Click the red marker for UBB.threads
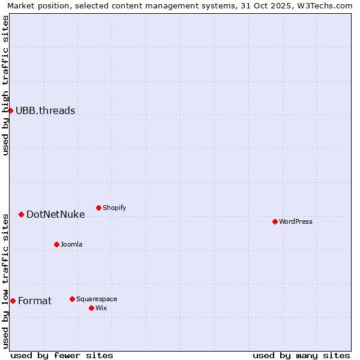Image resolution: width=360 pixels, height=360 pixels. point(10,110)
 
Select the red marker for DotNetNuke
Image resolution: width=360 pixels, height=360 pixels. point(21,214)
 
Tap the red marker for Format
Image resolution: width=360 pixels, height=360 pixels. point(13,301)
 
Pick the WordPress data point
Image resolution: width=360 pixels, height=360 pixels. point(275,221)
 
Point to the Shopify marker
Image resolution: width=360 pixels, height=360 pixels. point(98,208)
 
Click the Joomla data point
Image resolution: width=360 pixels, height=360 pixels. point(56,244)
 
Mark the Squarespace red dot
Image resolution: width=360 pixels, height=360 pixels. point(72,299)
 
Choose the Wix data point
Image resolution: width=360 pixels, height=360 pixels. point(91,308)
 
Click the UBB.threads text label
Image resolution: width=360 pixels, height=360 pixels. point(45,110)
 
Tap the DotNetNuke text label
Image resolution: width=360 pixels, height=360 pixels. point(55,214)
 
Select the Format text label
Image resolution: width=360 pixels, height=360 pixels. point(35,301)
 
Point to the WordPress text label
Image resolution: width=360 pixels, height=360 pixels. point(296,221)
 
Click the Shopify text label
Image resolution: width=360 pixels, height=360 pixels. point(115,208)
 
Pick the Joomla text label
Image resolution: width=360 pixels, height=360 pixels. point(71,244)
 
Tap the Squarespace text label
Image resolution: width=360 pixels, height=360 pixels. point(97,299)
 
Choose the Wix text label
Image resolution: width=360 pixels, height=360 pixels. point(101,308)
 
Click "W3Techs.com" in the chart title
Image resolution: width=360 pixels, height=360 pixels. point(325,5)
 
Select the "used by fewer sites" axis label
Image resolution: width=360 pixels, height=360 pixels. point(62,355)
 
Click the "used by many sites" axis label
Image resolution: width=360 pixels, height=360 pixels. point(301,355)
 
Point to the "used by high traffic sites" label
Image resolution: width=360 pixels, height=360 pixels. point(5,85)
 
